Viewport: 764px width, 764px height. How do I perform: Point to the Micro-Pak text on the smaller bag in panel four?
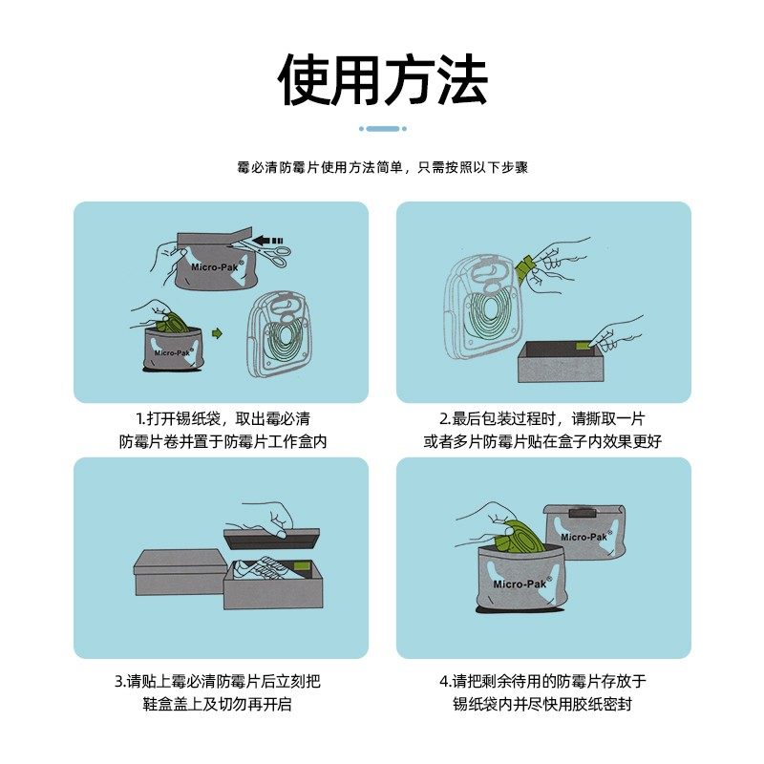click(584, 537)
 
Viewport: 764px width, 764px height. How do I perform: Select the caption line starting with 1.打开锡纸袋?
click(223, 418)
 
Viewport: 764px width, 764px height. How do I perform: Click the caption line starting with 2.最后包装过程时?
click(542, 418)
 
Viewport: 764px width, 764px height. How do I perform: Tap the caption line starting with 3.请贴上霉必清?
click(223, 681)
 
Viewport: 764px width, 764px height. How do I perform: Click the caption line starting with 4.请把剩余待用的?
click(542, 681)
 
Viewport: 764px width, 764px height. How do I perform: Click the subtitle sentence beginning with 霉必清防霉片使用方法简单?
click(382, 167)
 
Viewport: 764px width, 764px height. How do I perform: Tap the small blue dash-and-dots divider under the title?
click(382, 128)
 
